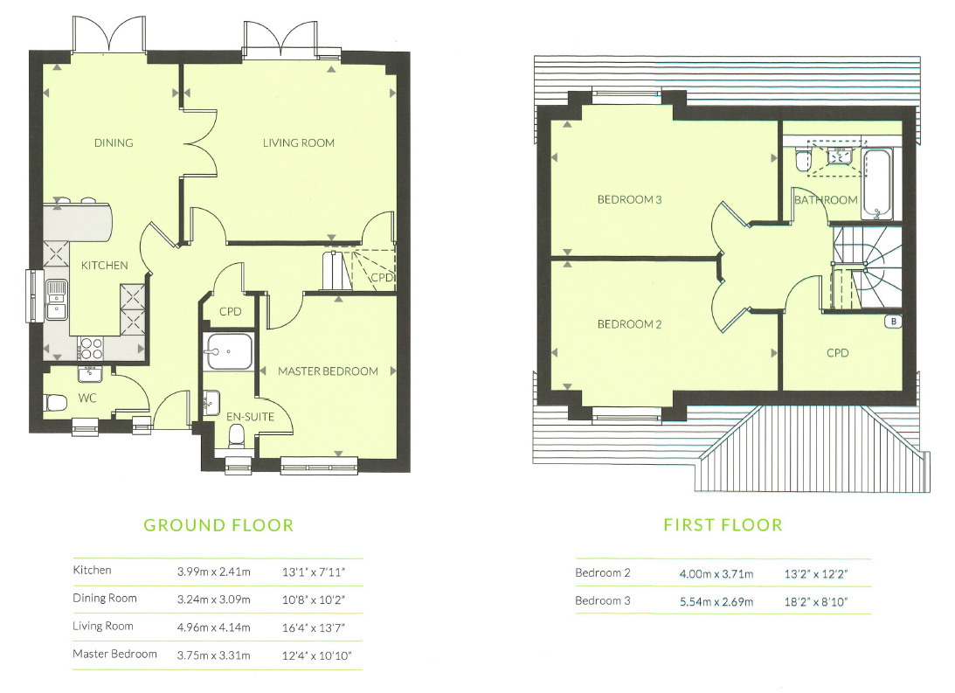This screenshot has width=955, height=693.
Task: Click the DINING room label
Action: point(114,143)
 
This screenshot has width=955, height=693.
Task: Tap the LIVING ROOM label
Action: point(299,143)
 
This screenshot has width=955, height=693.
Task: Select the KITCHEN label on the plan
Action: point(105,266)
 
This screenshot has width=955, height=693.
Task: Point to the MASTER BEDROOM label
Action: point(328,371)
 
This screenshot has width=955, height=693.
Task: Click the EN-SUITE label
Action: point(250,417)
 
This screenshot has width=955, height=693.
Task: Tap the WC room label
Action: point(87,398)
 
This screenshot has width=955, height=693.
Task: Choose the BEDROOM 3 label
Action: point(629,200)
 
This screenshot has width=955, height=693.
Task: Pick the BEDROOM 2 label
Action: point(629,324)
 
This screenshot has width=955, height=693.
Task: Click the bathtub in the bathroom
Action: point(877,184)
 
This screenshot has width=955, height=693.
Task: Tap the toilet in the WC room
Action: point(55,403)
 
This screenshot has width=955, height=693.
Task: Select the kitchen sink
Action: point(57,300)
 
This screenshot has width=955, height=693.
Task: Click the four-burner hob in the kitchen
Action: point(91,349)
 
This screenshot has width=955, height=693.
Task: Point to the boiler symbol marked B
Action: point(894,322)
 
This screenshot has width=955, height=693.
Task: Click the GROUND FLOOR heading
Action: point(218,525)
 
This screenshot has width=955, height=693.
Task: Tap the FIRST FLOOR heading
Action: point(723,525)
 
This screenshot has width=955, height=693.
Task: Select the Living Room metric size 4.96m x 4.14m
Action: point(214,627)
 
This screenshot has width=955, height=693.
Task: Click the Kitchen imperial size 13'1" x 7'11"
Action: point(314,572)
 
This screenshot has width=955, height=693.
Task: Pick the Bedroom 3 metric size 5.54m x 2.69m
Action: point(716,602)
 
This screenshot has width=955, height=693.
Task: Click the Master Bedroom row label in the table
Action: point(114,654)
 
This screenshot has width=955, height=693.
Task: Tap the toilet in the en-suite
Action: point(236,436)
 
